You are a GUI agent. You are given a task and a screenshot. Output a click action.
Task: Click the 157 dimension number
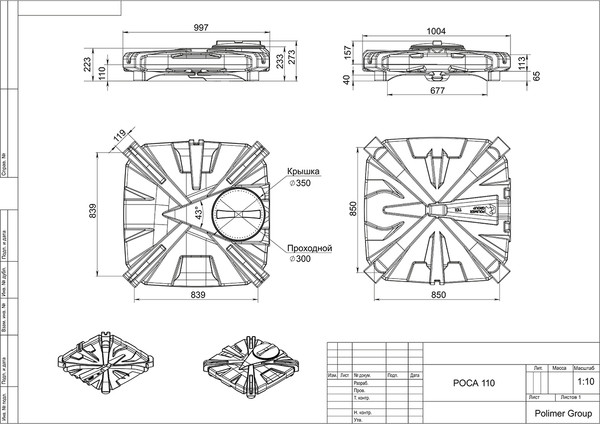point(347,52)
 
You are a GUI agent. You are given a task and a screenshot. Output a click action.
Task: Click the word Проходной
point(309,247)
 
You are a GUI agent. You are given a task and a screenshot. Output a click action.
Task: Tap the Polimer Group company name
point(560,411)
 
